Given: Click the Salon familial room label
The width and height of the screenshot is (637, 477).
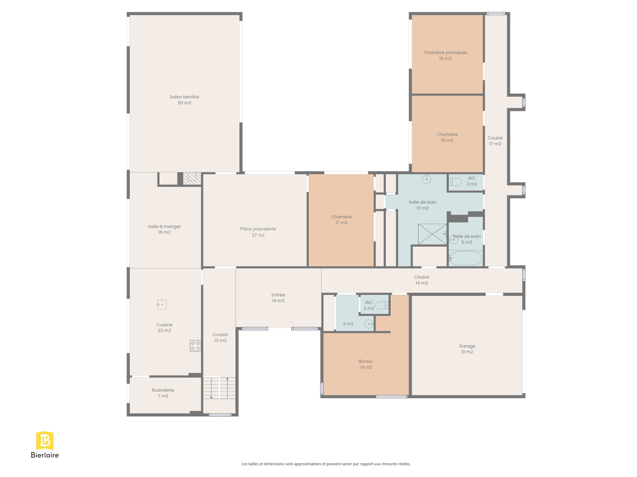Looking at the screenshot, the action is (x=184, y=100).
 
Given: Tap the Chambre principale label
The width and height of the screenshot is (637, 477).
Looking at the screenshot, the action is (x=445, y=55).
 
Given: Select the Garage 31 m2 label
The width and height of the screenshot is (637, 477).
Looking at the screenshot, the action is (x=467, y=349).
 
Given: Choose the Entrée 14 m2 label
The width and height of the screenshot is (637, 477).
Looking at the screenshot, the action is (x=278, y=297).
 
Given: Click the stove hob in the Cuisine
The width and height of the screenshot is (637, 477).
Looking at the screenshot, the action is (x=195, y=345).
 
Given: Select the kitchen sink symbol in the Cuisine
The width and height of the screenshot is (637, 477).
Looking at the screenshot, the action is (x=162, y=304).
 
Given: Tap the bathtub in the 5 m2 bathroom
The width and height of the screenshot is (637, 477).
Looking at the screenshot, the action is (x=465, y=258).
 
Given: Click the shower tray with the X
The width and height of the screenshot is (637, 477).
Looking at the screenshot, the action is (x=432, y=234).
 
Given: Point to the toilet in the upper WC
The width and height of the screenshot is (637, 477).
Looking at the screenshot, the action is (x=455, y=182).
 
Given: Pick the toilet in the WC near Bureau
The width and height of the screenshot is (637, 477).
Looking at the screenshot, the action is (x=382, y=305).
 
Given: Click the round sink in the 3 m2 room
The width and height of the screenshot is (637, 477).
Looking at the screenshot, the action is (x=369, y=324).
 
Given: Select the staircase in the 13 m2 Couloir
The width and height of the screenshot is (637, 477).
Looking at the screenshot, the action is (x=219, y=388).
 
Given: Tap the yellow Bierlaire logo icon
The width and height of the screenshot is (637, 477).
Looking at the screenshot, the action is (x=45, y=440).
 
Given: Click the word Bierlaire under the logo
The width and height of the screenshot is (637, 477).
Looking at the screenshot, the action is (x=45, y=455).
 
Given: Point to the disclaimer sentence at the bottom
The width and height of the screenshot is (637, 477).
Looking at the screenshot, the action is (x=326, y=463).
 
